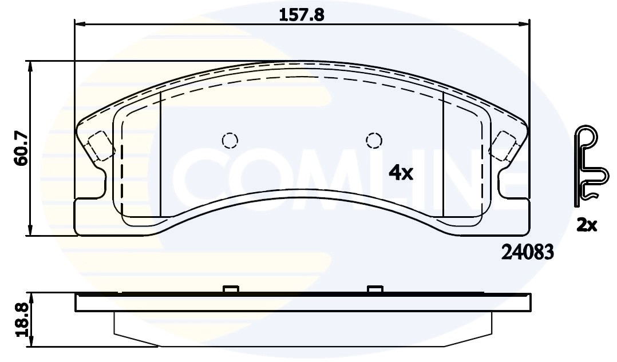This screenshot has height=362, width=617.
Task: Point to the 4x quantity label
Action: pos(401,172)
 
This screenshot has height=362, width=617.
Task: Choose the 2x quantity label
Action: pos(586,226)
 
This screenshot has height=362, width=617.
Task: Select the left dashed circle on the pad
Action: pos(230,140)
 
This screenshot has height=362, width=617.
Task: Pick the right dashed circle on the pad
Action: pos(374,140)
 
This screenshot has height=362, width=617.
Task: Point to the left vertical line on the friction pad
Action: pos(161,154)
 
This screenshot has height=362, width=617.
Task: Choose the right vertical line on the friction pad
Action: pos(444,154)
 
